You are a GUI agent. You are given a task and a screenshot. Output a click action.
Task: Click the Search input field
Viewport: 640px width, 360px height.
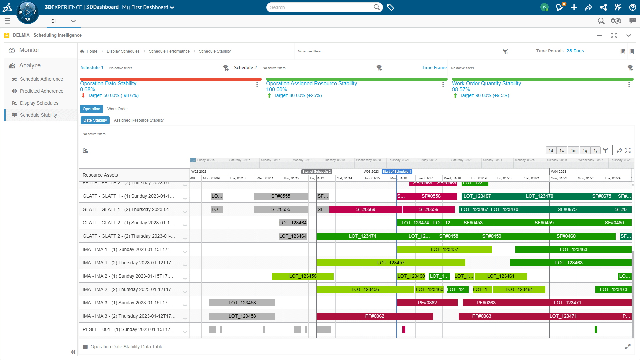[x=320, y=7]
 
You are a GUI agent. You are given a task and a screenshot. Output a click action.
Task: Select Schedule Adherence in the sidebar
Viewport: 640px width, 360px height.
[x=41, y=79]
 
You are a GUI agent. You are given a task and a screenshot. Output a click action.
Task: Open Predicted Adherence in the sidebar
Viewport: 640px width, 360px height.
[x=41, y=91]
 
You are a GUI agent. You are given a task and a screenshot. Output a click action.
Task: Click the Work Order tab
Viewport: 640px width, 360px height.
[x=117, y=109]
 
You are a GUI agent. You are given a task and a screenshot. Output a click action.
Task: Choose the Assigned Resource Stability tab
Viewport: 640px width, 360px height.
[x=139, y=120]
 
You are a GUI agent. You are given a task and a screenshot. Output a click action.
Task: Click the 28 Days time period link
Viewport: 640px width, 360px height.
[x=575, y=51]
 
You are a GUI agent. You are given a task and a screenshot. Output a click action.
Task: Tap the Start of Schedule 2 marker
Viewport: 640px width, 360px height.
[x=316, y=172]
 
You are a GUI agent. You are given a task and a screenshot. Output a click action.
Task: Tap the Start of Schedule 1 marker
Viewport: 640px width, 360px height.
[x=397, y=172]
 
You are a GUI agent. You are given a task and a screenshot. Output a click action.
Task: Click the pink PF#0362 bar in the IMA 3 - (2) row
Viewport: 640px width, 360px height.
[x=374, y=316]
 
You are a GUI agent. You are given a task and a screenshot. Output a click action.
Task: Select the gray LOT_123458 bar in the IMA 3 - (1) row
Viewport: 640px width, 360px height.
[x=242, y=303]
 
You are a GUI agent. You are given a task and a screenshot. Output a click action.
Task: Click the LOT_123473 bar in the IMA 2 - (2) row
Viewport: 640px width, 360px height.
[x=613, y=289]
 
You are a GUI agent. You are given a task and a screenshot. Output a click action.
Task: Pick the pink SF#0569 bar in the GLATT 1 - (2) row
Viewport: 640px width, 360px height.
[x=365, y=209]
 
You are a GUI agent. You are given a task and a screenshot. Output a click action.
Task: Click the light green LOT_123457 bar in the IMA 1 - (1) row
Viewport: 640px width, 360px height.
[x=444, y=249]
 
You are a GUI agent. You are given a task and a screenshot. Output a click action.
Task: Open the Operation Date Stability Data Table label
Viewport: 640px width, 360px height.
[x=127, y=347]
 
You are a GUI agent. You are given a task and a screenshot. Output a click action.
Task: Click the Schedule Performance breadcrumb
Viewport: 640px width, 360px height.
[x=169, y=51]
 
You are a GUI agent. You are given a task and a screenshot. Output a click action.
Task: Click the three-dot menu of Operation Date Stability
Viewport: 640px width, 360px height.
[x=257, y=85]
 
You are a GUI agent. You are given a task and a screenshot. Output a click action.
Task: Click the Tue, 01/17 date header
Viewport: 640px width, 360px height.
[x=425, y=178]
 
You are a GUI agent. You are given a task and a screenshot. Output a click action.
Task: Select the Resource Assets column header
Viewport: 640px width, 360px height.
[x=100, y=175]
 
